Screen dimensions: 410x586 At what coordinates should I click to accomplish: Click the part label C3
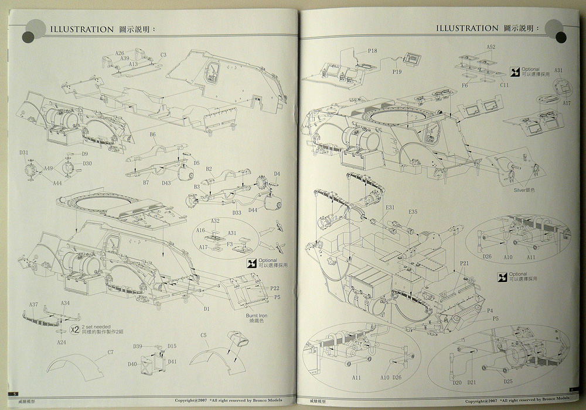[163, 55]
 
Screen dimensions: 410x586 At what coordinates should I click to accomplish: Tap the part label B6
[152, 135]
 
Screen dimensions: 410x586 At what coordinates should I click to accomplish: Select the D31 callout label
[24, 153]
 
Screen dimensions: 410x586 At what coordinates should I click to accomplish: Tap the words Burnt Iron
[257, 315]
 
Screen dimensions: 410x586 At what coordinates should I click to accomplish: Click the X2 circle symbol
[74, 329]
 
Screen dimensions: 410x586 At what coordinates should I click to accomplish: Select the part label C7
[110, 352]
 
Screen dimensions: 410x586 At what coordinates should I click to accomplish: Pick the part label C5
[203, 335]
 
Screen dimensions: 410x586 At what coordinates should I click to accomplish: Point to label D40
[132, 364]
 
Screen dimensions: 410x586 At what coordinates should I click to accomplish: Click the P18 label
[373, 51]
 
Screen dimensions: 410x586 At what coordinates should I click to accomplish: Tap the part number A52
[491, 47]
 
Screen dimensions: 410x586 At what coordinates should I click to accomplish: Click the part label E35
[413, 211]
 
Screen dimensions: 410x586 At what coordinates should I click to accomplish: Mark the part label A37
[34, 304]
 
